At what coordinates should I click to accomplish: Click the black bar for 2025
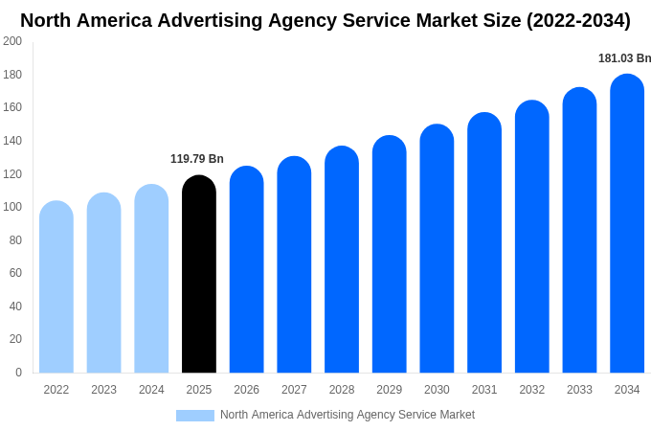click(199, 278)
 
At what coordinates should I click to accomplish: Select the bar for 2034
click(627, 225)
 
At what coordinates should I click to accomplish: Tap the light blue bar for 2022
click(56, 287)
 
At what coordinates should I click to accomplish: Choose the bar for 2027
click(294, 266)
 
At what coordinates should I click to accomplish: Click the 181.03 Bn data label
click(624, 58)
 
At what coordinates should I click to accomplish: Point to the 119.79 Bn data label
click(197, 159)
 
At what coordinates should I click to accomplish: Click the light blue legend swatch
click(194, 416)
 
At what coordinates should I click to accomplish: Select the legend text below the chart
click(348, 415)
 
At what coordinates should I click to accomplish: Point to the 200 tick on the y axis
click(12, 41)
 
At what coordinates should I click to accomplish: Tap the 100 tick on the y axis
click(12, 207)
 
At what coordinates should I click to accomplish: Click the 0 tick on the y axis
click(18, 373)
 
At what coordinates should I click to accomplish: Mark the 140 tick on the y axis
click(12, 141)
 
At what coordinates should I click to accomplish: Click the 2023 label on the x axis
click(103, 390)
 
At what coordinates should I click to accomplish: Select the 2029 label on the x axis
click(389, 390)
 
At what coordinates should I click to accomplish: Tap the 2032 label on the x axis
click(531, 390)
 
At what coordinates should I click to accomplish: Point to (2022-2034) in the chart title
click(578, 20)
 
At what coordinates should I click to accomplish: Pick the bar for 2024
click(151, 280)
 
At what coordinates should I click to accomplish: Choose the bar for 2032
click(531, 238)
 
